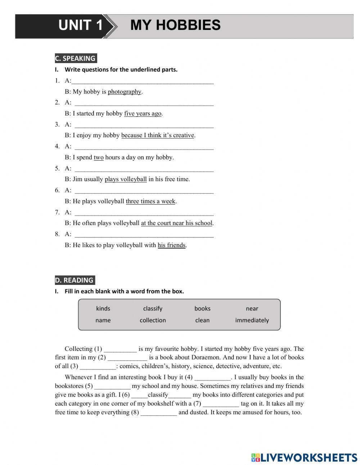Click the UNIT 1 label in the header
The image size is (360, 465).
[80, 25]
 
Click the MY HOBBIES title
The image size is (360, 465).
[175, 25]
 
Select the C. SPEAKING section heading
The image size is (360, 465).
[75, 58]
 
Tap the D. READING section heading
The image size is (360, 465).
[75, 280]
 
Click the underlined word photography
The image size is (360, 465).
[125, 92]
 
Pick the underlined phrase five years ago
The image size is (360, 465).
[143, 114]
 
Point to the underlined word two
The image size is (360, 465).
[99, 157]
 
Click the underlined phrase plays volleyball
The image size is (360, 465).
[126, 179]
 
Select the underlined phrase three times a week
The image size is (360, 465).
[150, 201]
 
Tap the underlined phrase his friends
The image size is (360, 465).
[172, 245]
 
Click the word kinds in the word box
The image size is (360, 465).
[103, 309]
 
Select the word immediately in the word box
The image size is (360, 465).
[252, 321]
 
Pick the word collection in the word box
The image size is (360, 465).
[153, 321]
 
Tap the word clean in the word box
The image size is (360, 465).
[202, 321]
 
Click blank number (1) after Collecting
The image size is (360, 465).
[120, 349]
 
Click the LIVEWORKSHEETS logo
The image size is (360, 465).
[304, 457]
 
